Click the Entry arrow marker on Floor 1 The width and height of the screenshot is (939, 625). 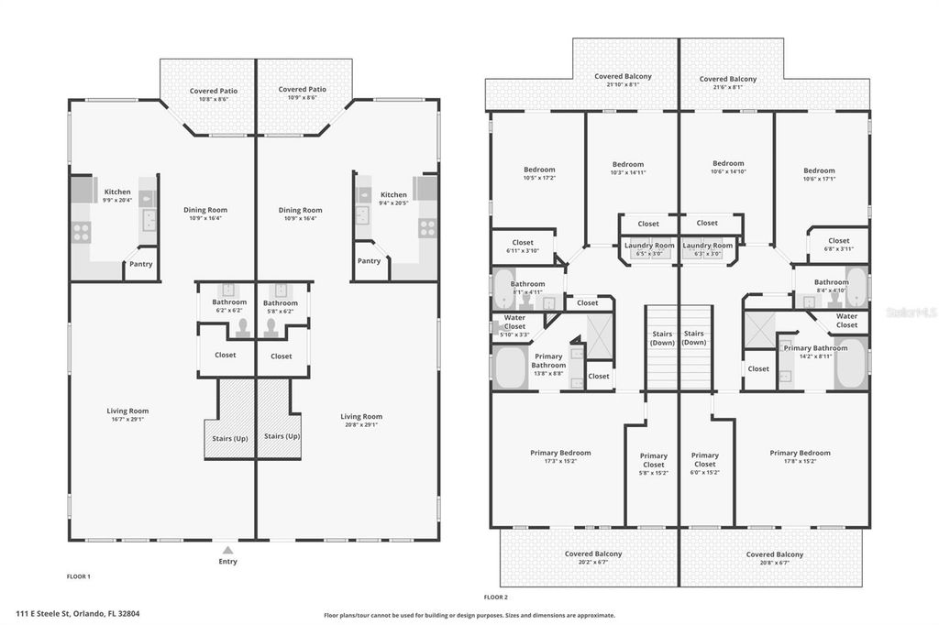[227, 551]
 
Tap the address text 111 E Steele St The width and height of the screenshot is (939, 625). [77, 613]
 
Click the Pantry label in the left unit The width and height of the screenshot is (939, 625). [141, 265]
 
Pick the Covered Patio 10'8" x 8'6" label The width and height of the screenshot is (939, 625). [208, 94]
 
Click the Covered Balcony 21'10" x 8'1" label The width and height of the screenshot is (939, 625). [623, 81]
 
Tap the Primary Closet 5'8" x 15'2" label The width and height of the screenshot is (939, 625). [653, 464]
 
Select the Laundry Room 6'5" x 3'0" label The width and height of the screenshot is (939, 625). [648, 249]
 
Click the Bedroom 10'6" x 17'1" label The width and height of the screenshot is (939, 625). [819, 175]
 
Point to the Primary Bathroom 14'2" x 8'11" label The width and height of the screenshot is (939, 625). [815, 353]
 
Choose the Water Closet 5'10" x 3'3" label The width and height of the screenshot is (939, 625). [514, 326]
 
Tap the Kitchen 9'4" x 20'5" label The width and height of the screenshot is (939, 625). [393, 199]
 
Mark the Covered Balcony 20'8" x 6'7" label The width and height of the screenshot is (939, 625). [774, 559]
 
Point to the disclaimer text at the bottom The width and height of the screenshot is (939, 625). [469, 616]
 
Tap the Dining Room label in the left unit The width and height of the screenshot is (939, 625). [207, 214]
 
